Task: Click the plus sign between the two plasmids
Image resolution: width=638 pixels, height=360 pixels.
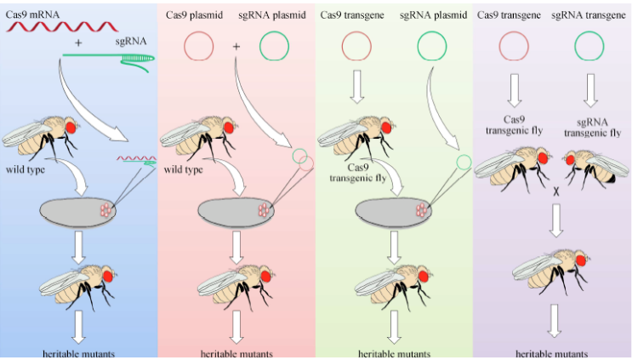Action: [x=236, y=46]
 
